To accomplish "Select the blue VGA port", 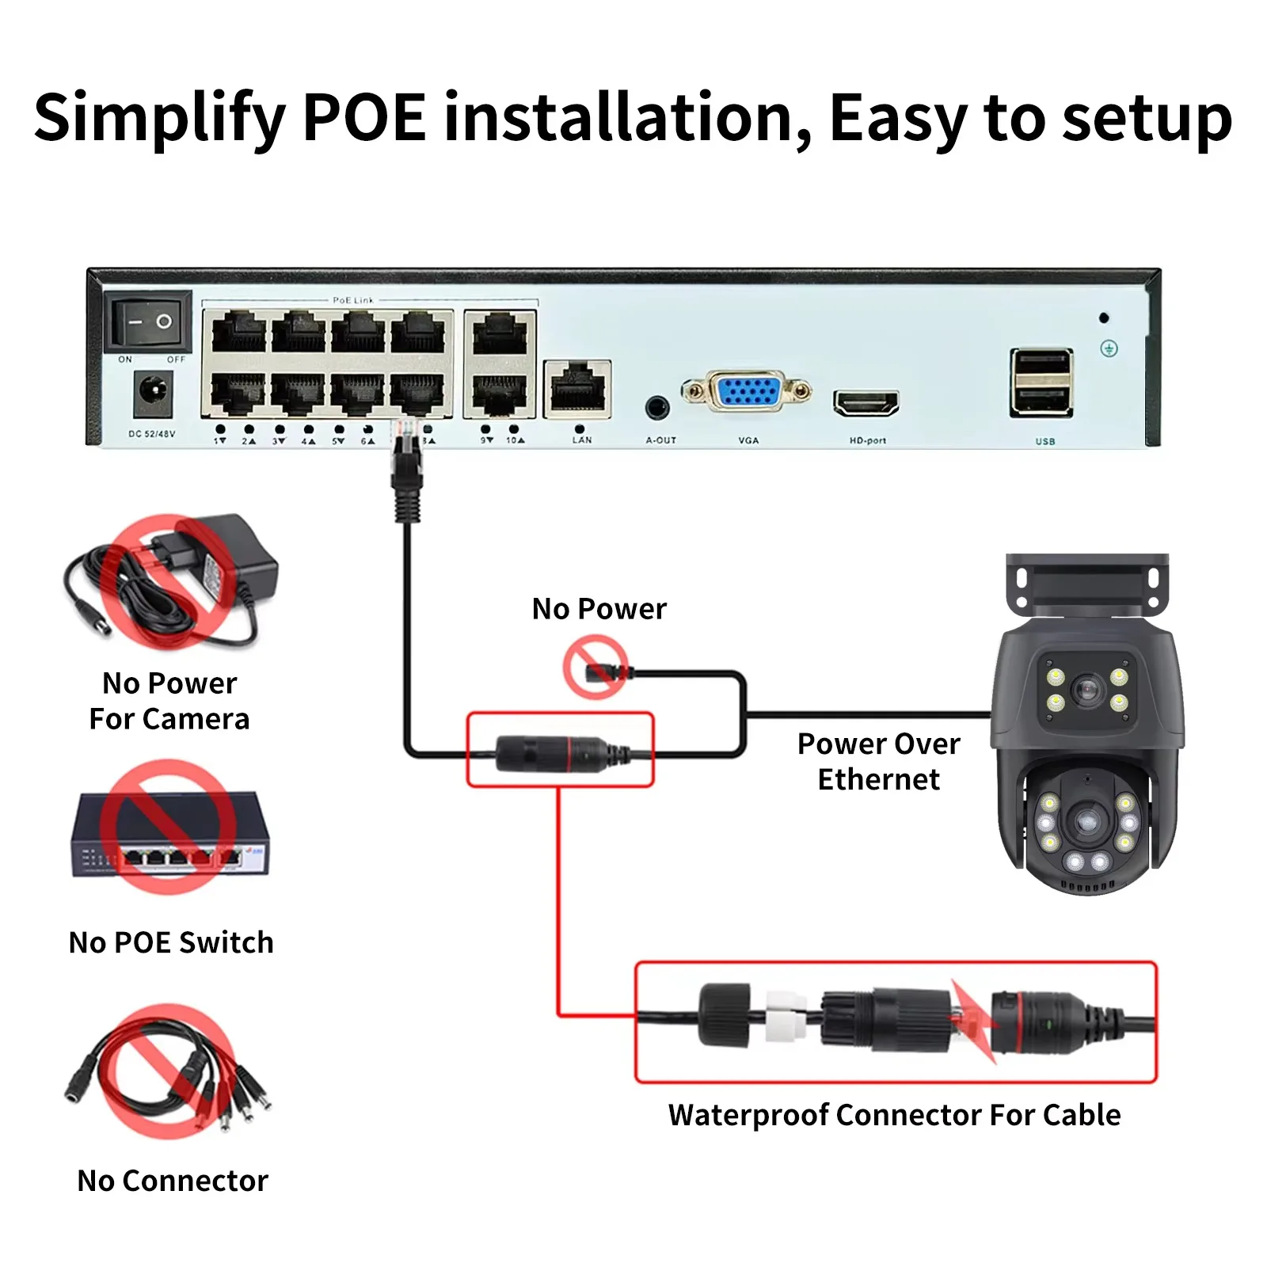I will [748, 391].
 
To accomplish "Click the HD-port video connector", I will [866, 403].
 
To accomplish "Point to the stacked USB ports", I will [1041, 382].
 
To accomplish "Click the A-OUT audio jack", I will [657, 408].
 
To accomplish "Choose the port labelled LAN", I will [577, 389].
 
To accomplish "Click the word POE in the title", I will [364, 118].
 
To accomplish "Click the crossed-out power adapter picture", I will [170, 580].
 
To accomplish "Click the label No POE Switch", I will [171, 942].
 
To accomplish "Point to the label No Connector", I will [173, 1181].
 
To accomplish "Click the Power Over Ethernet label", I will [878, 761].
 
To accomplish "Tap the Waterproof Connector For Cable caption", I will [894, 1115].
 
